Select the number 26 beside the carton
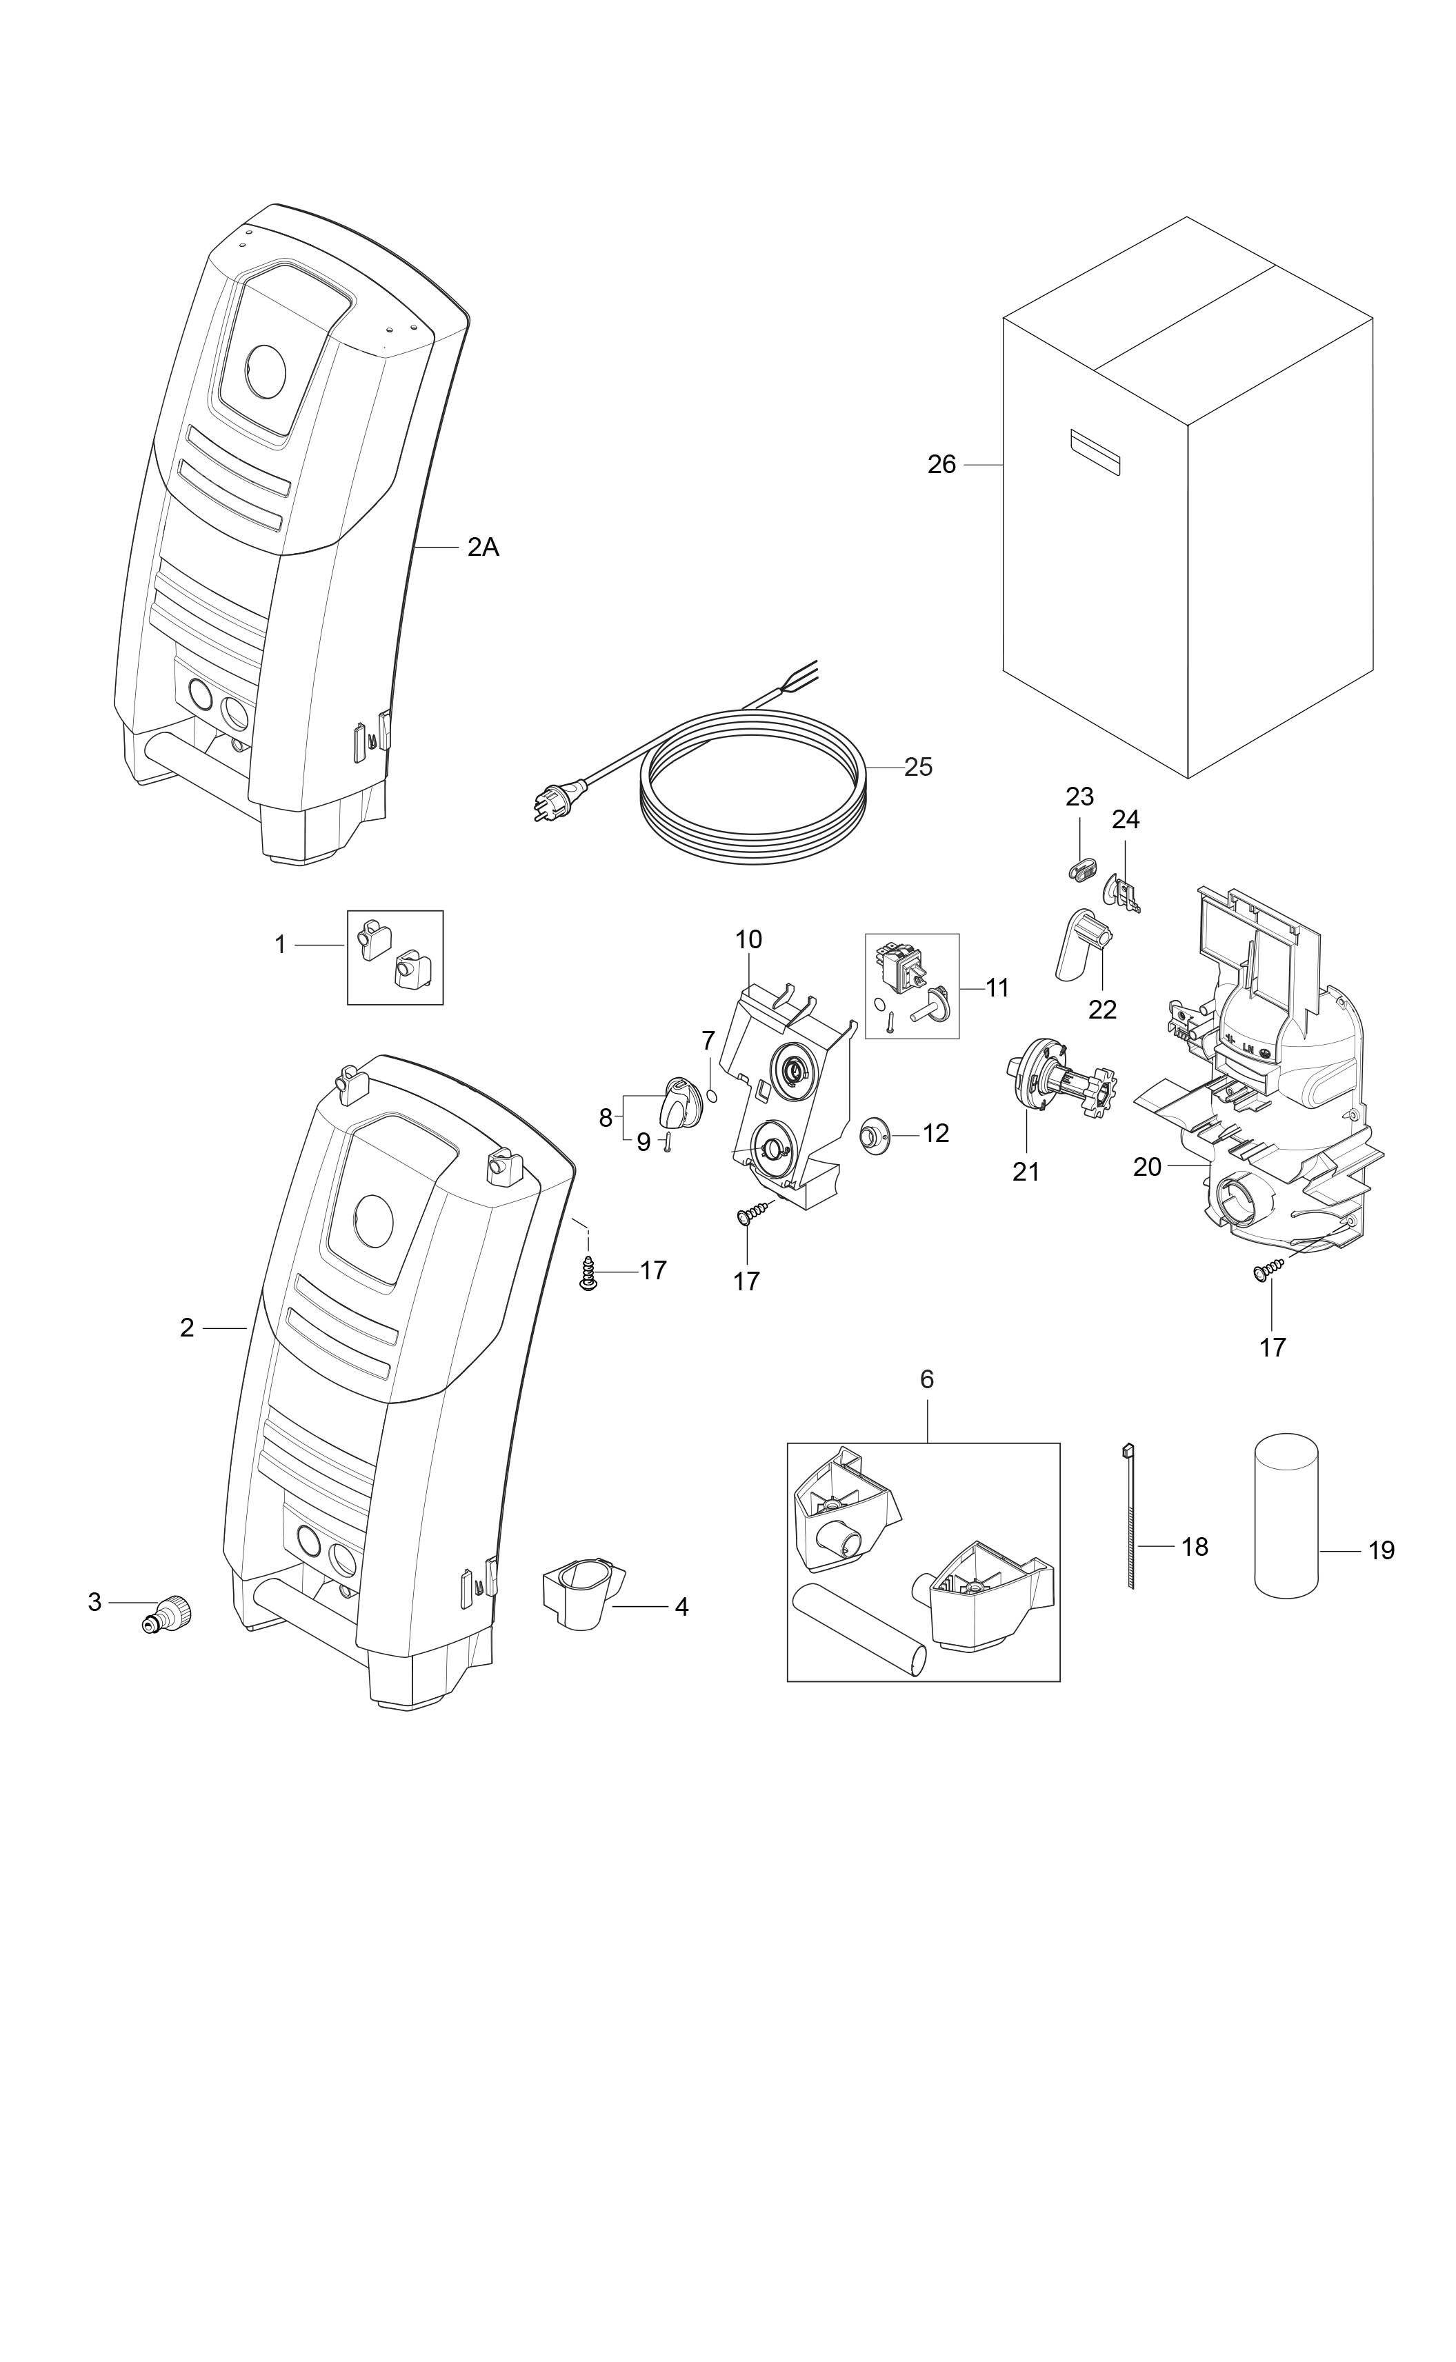[941, 465]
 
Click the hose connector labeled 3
[170, 1612]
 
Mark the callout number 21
[1026, 1171]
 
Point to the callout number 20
[1147, 1166]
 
